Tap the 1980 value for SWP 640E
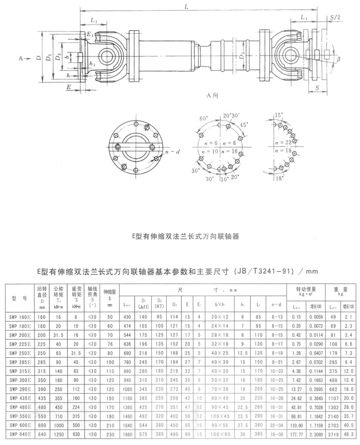128,434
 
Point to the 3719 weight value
332,434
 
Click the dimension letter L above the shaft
185,6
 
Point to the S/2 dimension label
336,18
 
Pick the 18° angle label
281,178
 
